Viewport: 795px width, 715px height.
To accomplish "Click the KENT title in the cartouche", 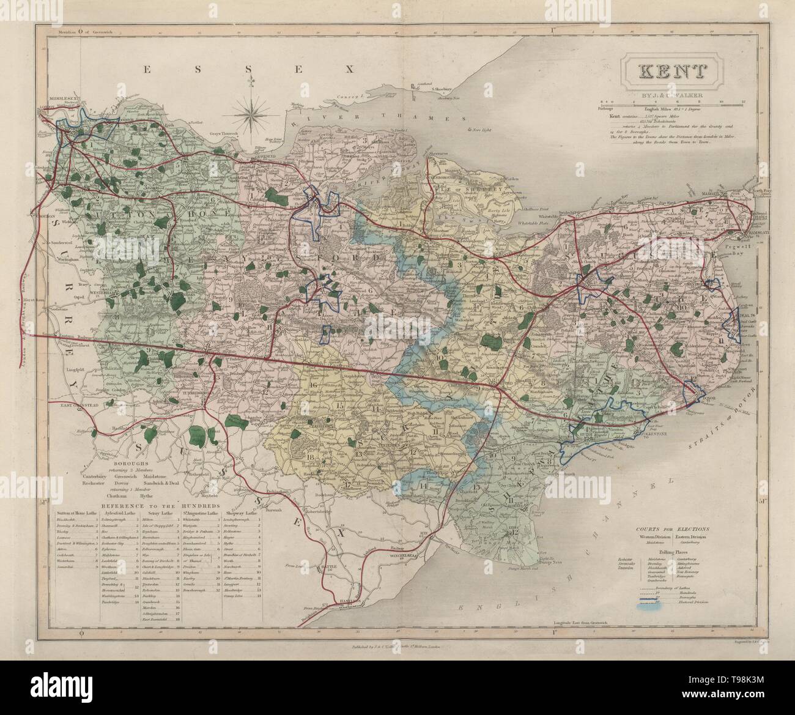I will click(671, 71).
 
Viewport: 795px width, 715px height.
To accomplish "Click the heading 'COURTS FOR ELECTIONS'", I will click(668, 527).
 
